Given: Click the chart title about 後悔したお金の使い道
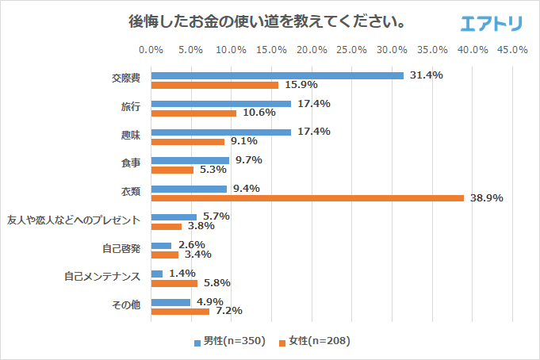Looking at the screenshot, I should [x=268, y=21].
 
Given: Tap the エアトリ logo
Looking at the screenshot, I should [x=491, y=23].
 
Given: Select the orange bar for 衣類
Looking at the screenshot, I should [x=307, y=198].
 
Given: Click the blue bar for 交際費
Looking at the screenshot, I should [x=277, y=75].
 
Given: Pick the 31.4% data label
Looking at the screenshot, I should [x=426, y=75].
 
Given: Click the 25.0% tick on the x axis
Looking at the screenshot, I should [x=351, y=49].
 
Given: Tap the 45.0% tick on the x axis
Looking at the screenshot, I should [x=512, y=49].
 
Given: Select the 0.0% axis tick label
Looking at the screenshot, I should [x=151, y=49].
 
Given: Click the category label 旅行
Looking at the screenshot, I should [x=130, y=107].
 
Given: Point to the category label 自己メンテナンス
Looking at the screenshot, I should [x=102, y=277].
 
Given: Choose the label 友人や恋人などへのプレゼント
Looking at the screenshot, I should [x=74, y=220].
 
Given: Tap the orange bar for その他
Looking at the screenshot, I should [x=180, y=311].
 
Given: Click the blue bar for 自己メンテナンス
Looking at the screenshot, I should [x=156, y=274].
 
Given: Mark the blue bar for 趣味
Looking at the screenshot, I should [x=220, y=132].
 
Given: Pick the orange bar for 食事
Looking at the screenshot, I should [x=172, y=170].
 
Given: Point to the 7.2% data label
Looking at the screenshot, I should [x=228, y=311].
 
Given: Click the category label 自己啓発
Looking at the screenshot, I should [x=121, y=248].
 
